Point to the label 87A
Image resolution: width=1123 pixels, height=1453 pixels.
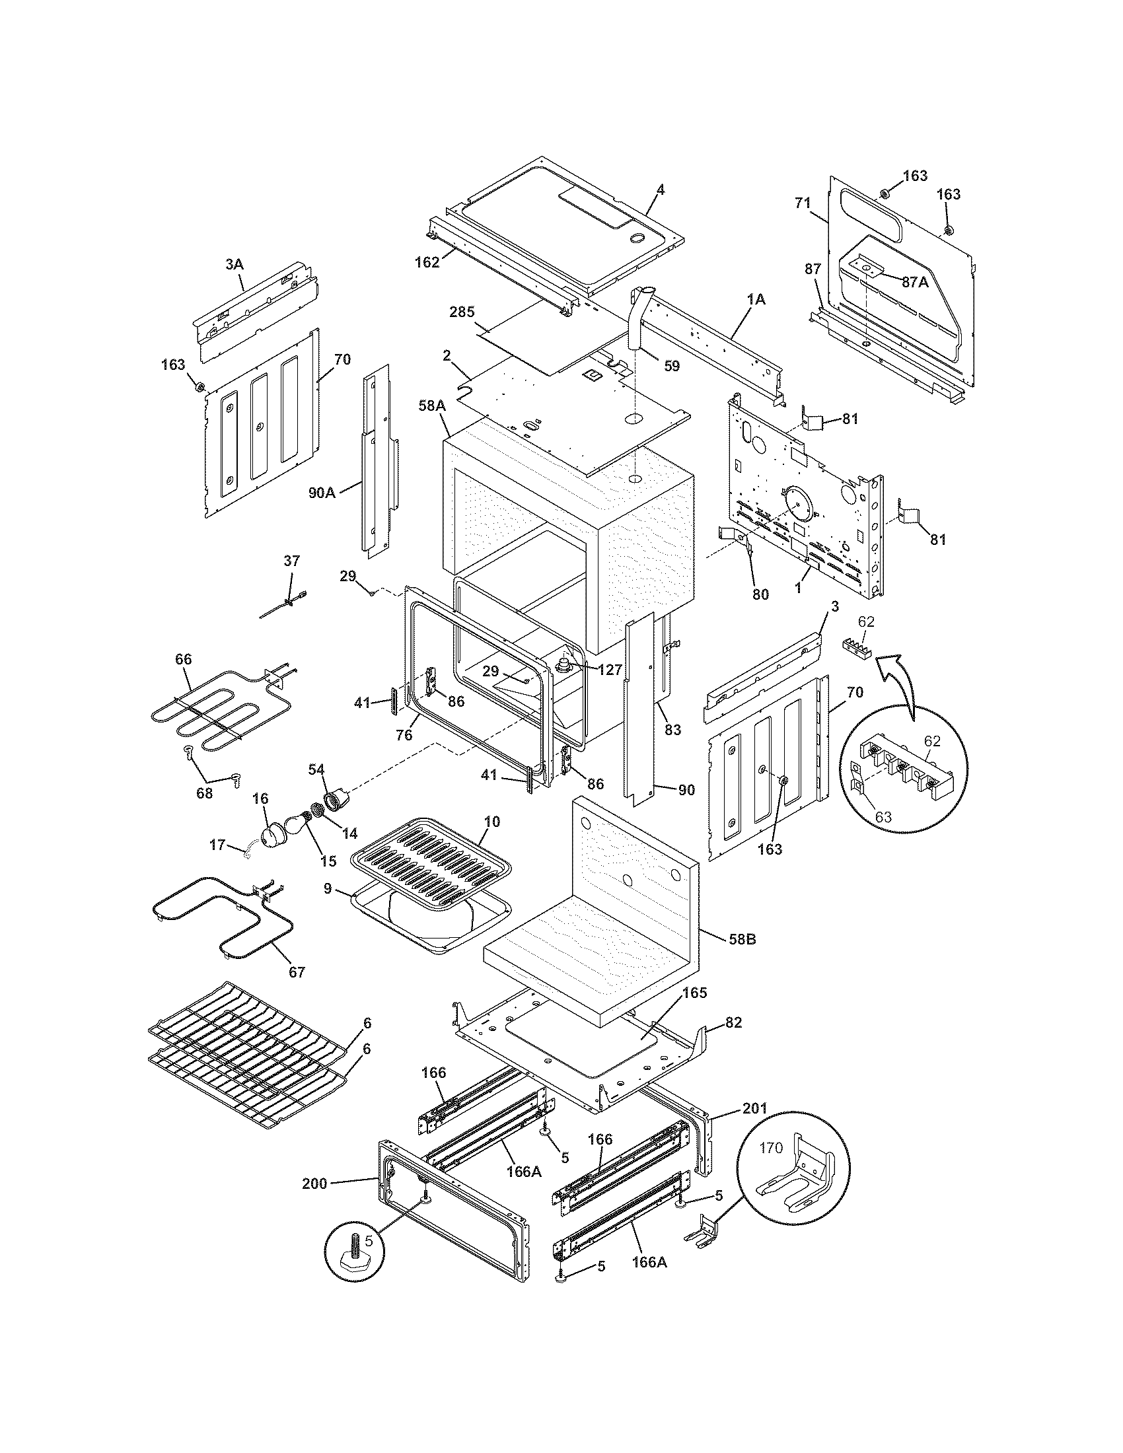[915, 281]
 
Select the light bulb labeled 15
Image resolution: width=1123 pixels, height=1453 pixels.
[293, 825]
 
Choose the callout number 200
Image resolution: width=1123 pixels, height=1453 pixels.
[314, 1183]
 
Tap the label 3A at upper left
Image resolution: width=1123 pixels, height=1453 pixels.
[235, 264]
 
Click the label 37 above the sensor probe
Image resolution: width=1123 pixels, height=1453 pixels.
[291, 561]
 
